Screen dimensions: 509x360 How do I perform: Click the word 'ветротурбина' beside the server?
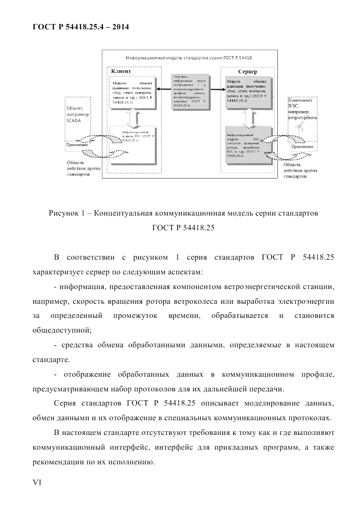tap(303, 117)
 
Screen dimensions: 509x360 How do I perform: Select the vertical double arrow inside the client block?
tap(131, 116)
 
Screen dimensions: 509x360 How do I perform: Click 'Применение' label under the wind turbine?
tap(302, 147)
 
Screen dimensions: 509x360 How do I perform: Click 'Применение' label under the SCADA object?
tap(77, 145)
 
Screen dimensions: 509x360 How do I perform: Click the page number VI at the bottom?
tap(38, 482)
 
